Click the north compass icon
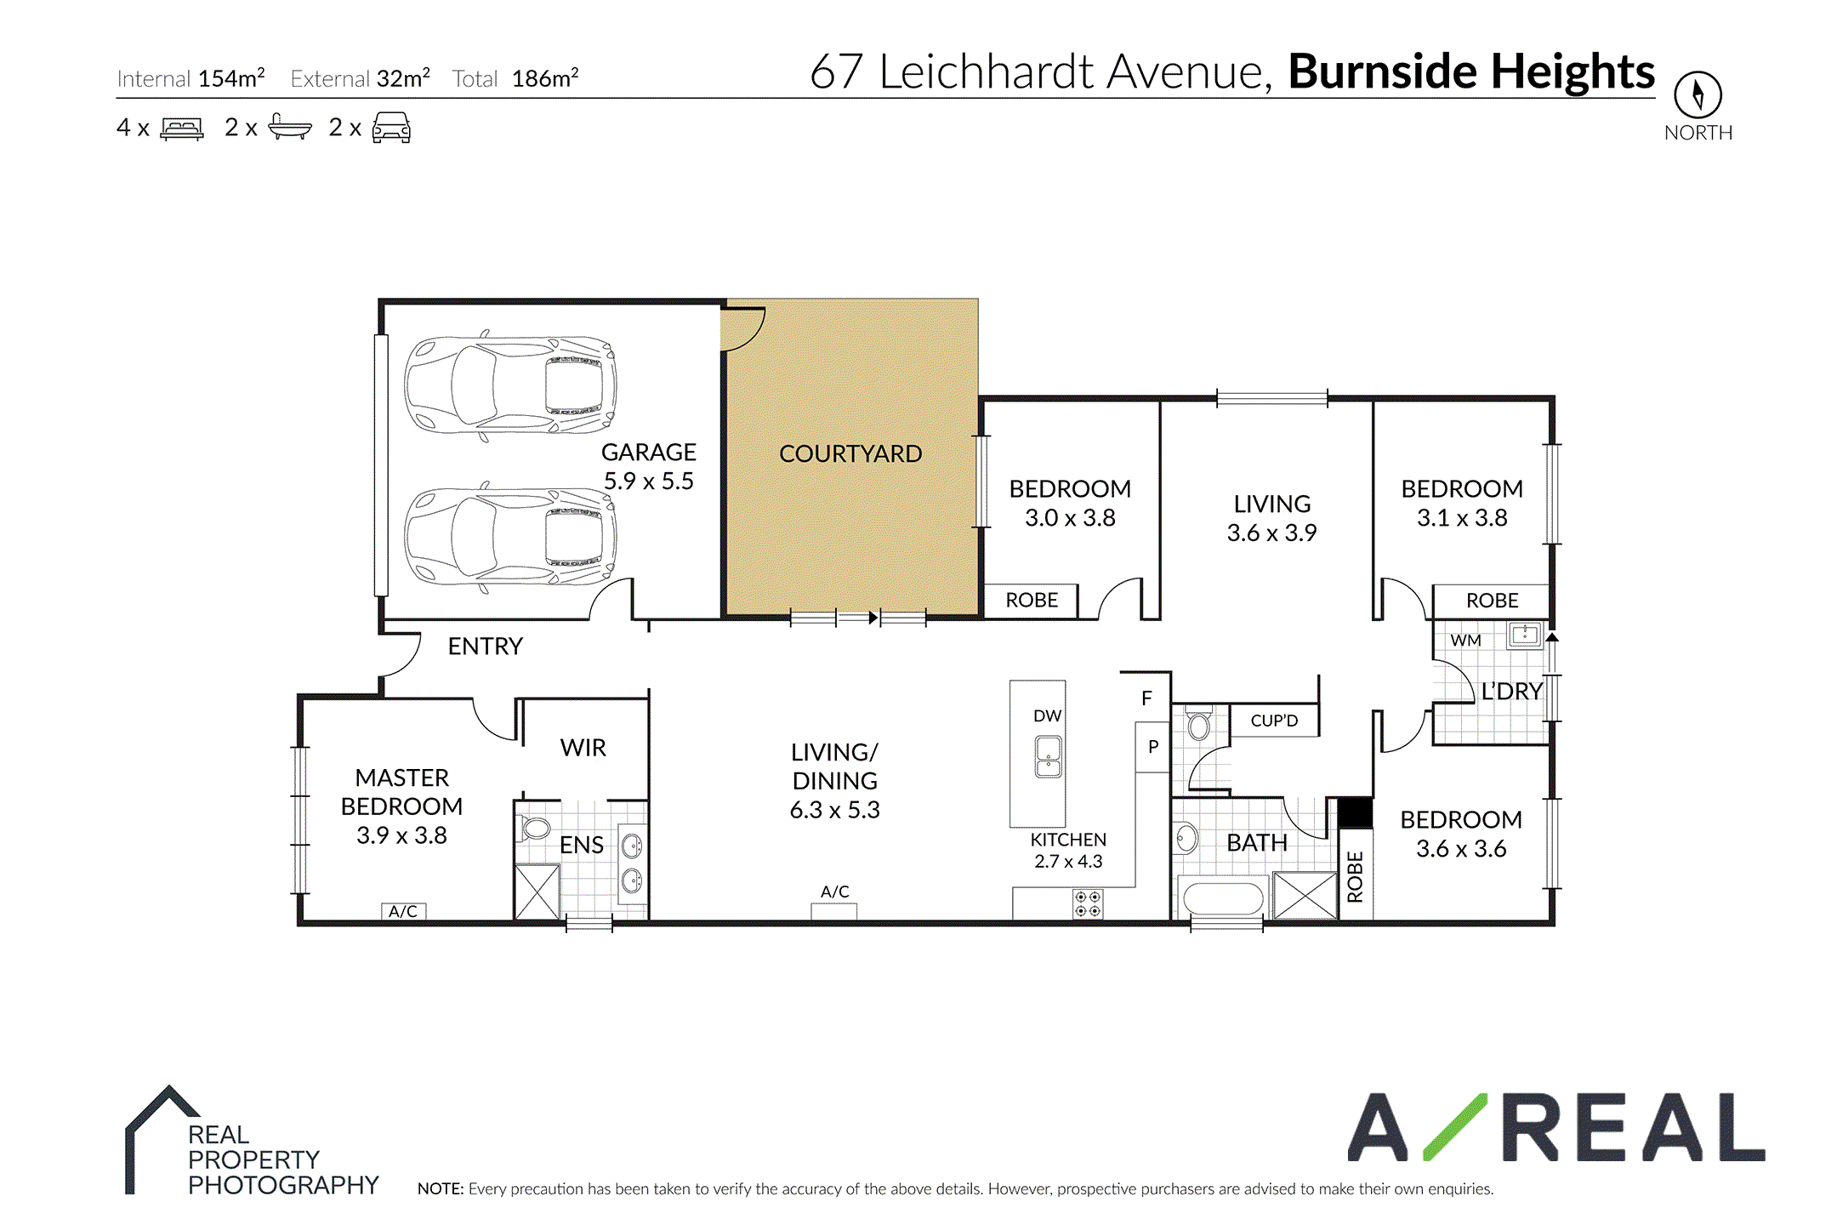coord(1698,94)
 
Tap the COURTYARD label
coord(850,454)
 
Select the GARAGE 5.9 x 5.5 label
coord(649,466)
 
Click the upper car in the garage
coord(509,385)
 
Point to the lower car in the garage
coord(509,536)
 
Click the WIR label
coord(583,748)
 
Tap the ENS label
coord(582,845)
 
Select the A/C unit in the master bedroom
coord(403,911)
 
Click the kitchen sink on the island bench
coord(1048,757)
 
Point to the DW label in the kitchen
coord(1048,716)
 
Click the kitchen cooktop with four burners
coord(1088,903)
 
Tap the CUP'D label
coord(1274,721)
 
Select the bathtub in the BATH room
coord(1223,899)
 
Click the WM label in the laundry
coord(1465,641)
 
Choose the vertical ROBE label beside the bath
coord(1355,876)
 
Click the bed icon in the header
coord(182,128)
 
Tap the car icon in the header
coord(391,128)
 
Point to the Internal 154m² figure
coord(191,78)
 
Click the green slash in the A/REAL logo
coord(1454,1127)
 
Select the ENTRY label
coord(485,647)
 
